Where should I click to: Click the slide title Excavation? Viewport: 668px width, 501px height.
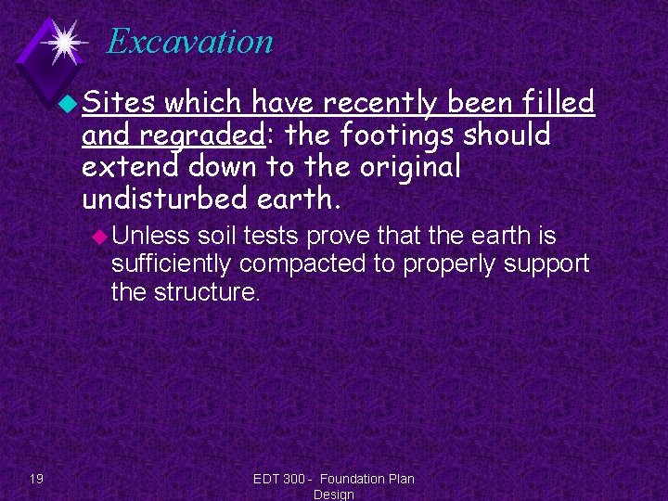pyautogui.click(x=189, y=42)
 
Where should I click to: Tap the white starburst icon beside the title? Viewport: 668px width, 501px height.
pyautogui.click(x=64, y=41)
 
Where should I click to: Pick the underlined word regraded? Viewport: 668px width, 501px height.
pyautogui.click(x=201, y=135)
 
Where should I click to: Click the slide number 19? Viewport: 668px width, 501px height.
pyautogui.click(x=35, y=479)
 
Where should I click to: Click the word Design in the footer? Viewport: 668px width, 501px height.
pyautogui.click(x=333, y=495)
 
